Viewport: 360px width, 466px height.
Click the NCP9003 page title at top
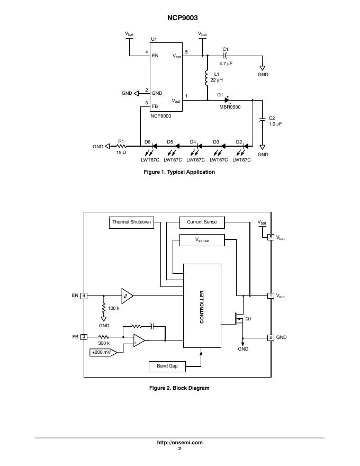coord(179,17)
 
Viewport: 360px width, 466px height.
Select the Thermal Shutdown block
coord(132,222)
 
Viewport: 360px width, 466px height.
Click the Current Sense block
coord(202,222)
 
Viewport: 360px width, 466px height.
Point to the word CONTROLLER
coord(201,307)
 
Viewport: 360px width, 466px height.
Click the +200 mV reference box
coord(101,352)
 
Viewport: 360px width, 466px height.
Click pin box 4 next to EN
coord(84,295)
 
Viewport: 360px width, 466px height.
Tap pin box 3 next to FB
coord(84,337)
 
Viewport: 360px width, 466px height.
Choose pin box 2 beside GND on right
coord(271,337)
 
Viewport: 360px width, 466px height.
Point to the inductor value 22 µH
coord(217,80)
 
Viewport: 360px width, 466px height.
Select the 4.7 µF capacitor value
coord(226,63)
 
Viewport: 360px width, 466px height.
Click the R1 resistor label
coord(121,141)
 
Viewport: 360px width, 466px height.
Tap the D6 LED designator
coord(147,141)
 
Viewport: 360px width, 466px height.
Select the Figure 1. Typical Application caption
coord(179,172)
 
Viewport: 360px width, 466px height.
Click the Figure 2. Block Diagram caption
coord(179,388)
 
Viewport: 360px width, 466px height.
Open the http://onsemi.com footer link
coord(179,443)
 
